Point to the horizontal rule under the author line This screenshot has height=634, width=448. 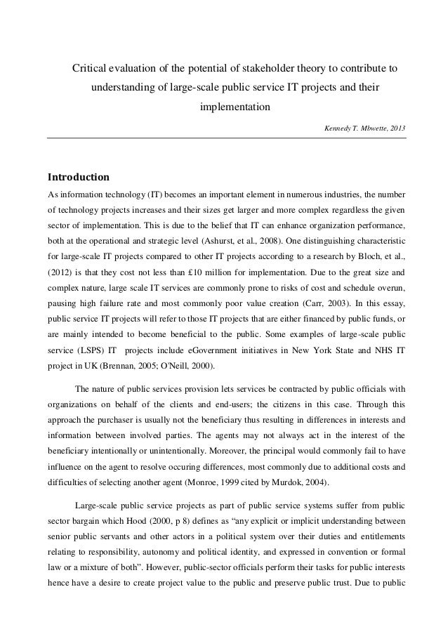pos(227,138)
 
